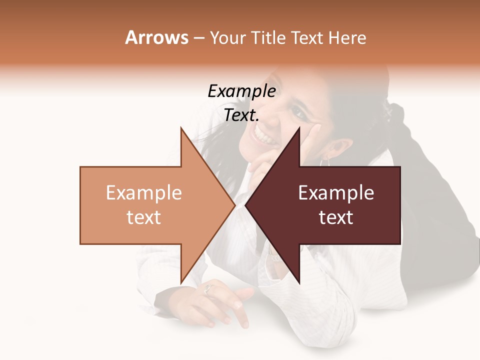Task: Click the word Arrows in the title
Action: click(156, 37)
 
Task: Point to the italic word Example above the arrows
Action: click(241, 91)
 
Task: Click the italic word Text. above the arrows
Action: click(241, 115)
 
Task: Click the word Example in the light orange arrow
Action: click(144, 193)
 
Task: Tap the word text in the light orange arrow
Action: click(144, 217)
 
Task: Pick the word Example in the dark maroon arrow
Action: click(336, 193)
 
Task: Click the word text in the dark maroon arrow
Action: click(336, 217)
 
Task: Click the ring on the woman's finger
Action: click(208, 289)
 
